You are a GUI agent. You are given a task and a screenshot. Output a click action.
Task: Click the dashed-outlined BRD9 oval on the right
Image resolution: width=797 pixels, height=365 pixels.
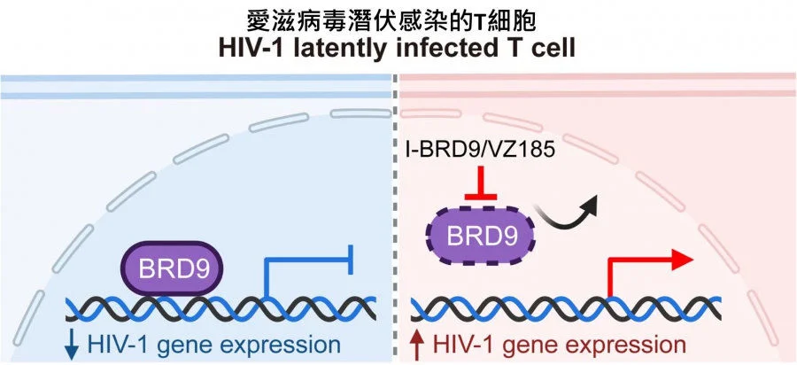pos(483,237)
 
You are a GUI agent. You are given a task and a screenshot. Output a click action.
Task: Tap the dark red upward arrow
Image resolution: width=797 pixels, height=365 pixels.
pos(418,345)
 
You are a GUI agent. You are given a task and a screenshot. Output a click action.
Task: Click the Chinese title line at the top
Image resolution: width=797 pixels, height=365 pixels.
pos(398,19)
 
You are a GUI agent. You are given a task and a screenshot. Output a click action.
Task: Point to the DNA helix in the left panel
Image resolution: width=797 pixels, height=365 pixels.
pos(221,308)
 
